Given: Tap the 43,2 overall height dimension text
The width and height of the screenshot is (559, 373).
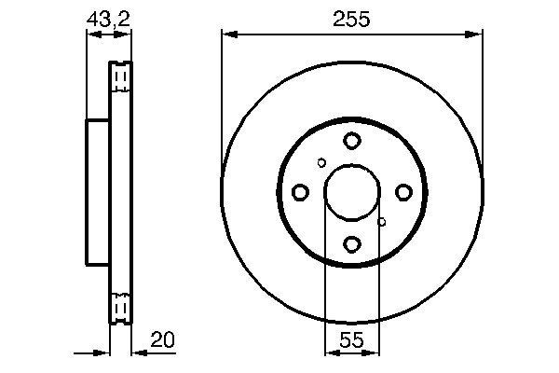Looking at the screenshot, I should click(108, 17).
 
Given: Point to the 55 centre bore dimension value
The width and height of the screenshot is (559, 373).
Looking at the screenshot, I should click(351, 340).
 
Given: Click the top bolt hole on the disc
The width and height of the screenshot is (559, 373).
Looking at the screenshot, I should click(351, 141).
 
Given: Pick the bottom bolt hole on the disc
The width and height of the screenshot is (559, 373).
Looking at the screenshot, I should click(351, 244).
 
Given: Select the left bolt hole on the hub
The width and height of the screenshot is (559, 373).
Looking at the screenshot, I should click(300, 192).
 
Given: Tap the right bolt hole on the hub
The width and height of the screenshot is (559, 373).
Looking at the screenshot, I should click(403, 192).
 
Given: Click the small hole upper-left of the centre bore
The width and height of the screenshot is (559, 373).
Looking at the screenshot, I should click(322, 162).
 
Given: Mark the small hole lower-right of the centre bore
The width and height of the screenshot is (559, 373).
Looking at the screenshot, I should click(381, 222).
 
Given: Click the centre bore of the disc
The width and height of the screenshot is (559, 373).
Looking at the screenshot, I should click(351, 192).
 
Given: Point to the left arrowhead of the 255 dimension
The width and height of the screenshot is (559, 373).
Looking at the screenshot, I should click(227, 35).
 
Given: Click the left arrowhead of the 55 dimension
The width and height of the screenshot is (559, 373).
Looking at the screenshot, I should click(329, 353).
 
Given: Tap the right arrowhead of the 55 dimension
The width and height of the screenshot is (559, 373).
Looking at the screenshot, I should click(374, 353).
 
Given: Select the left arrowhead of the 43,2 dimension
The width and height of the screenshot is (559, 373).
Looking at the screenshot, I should click(91, 35).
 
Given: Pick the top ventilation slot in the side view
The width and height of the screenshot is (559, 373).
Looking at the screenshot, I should click(120, 76).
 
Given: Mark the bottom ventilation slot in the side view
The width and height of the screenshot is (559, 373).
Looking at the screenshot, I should click(120, 307).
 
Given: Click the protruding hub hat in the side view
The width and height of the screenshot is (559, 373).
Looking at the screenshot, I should click(98, 192).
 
